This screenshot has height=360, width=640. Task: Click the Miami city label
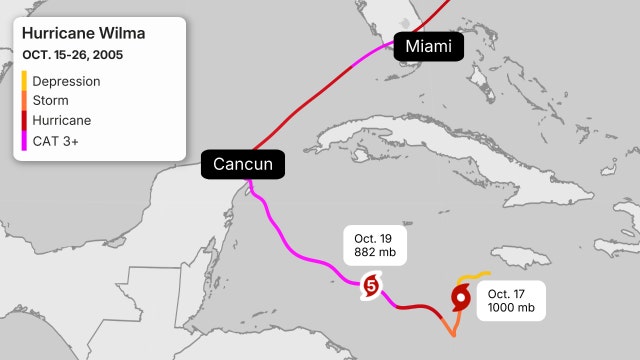(x=429, y=46)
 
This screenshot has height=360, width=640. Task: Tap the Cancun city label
(x=243, y=164)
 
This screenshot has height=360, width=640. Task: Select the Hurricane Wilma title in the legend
(x=83, y=34)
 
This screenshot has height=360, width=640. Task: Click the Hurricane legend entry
(x=62, y=119)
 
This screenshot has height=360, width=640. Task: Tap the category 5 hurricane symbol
(x=371, y=286)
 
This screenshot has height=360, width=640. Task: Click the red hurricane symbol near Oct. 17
(x=461, y=296)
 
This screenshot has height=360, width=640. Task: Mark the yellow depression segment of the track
(x=472, y=275)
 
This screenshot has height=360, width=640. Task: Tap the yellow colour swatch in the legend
(x=24, y=81)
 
